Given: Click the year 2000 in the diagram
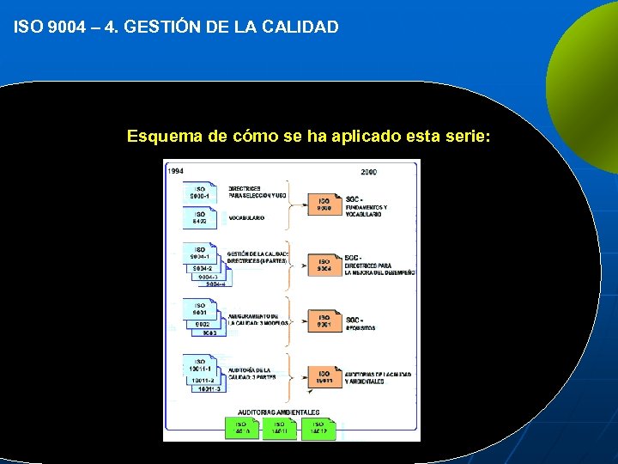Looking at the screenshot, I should pyautogui.click(x=368, y=173).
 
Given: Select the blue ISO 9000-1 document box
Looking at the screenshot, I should pyautogui.click(x=200, y=192).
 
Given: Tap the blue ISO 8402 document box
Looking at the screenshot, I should pyautogui.click(x=200, y=218).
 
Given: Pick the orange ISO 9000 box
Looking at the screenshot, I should pyautogui.click(x=324, y=205).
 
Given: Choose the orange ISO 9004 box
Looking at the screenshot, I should pyautogui.click(x=324, y=265).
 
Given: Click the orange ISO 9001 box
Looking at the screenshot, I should pyautogui.click(x=324, y=322).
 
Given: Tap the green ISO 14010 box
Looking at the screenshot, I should pyautogui.click(x=241, y=427).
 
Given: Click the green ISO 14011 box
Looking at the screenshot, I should pyautogui.click(x=279, y=427).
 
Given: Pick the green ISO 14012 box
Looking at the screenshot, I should pyautogui.click(x=318, y=427).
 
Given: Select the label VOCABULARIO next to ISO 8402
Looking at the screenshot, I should pyautogui.click(x=246, y=218).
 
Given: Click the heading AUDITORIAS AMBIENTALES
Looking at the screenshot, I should pyautogui.click(x=278, y=412).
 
